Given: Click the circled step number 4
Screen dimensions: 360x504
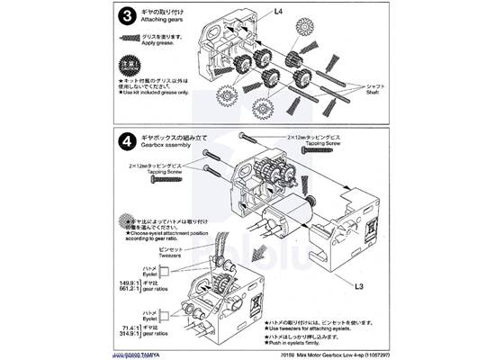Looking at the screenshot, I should tap(130, 143).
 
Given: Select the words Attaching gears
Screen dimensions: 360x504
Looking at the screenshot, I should tap(166, 22).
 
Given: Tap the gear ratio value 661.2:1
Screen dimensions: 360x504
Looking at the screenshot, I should tap(134, 291).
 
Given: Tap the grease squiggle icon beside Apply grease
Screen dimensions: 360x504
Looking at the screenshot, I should tap(131, 39).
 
